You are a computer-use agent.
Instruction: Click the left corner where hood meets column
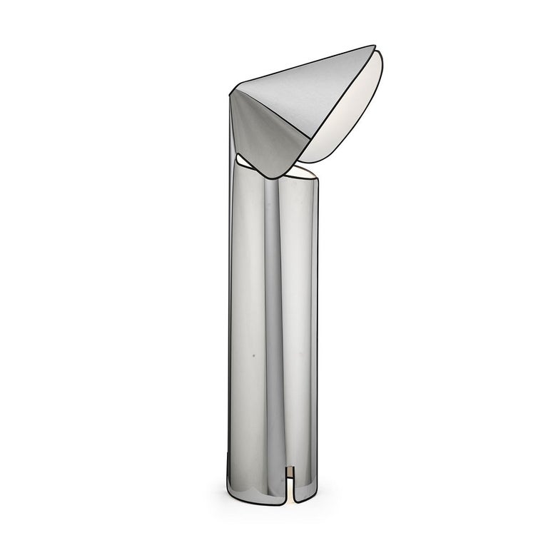(x=231, y=93)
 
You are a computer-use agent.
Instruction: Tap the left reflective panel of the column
(x=246, y=321)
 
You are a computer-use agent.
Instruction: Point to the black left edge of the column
(x=228, y=321)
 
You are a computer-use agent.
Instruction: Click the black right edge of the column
(x=318, y=321)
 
